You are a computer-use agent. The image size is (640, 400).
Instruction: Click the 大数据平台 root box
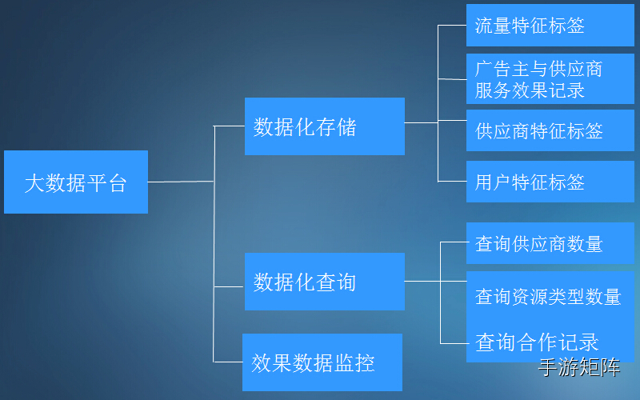point(75,182)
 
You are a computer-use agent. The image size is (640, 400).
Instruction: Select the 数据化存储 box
point(324,126)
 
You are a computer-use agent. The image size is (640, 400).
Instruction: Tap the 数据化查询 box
point(324,282)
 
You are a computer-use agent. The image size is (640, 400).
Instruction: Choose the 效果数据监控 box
point(322,362)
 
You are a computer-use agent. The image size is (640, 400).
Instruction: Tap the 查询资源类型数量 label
point(548,297)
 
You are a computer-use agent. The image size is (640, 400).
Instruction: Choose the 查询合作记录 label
point(537,342)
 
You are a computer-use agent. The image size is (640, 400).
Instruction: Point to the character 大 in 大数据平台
point(33,183)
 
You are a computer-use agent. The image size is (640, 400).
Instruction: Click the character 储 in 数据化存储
point(346,127)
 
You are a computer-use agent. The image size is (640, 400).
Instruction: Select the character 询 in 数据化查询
point(346,282)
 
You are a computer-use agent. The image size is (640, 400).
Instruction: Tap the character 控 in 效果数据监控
point(365,363)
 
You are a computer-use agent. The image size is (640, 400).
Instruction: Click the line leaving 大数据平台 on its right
point(181,182)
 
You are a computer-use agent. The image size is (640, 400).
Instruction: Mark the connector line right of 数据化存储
point(421,122)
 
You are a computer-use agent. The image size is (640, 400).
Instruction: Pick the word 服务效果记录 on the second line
point(530,90)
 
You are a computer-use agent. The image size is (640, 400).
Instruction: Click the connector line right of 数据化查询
point(422,281)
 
